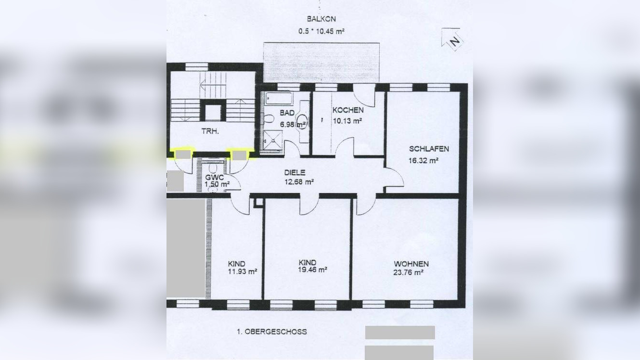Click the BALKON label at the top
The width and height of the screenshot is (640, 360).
[x=321, y=19]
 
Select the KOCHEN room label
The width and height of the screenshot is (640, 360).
[x=348, y=110]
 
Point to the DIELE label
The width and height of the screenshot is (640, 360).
[x=294, y=172]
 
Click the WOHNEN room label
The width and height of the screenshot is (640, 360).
[x=411, y=264]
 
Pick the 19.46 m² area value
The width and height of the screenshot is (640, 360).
[x=313, y=270]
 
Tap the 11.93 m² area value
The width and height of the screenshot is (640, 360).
[x=243, y=271]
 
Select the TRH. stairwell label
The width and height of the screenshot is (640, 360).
[x=210, y=130]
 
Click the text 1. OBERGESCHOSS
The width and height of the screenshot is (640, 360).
[x=271, y=332]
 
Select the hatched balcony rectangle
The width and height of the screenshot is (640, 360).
[x=321, y=62]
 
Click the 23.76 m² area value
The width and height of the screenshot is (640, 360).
[x=408, y=272]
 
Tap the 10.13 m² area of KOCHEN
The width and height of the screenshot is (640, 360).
[x=347, y=121]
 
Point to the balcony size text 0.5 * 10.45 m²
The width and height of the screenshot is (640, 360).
[x=321, y=30]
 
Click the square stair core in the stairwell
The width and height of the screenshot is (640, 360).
[x=213, y=112]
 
